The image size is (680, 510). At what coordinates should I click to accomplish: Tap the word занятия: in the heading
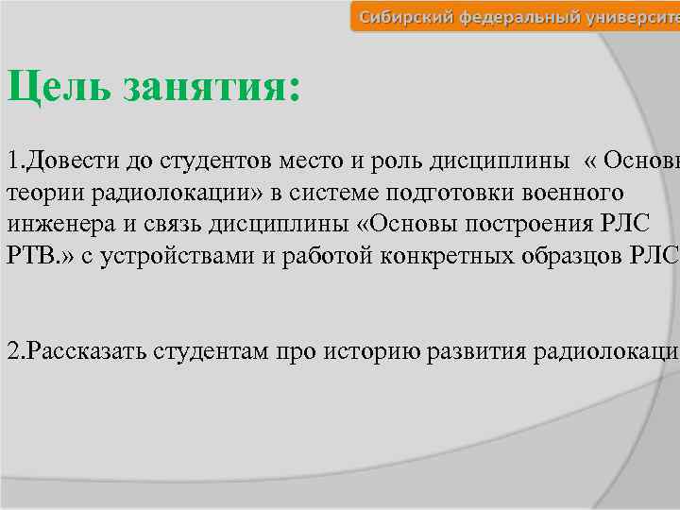click(212, 89)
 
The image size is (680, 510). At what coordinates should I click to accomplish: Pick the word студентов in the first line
click(192, 160)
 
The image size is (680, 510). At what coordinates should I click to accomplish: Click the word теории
click(41, 194)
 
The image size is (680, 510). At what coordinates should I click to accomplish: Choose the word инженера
click(55, 227)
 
